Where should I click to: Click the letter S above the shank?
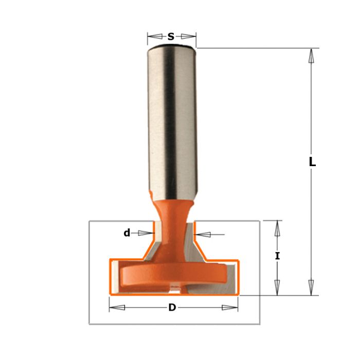[x=171, y=37]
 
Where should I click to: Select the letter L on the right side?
[x=312, y=161]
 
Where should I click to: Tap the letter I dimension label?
[x=277, y=255]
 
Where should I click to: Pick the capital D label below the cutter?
[x=172, y=308]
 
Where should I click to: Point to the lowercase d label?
[x=127, y=233]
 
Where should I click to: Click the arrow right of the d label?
[x=146, y=233]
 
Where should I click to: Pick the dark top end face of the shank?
[x=172, y=49]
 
